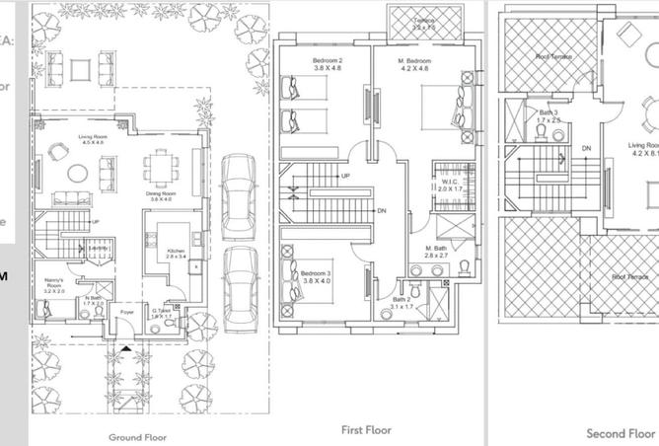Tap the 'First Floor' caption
[366, 430]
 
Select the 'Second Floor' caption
[621, 433]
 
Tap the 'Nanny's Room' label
[53, 282]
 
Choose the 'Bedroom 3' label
[314, 272]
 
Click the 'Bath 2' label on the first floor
[402, 299]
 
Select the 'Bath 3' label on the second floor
[549, 112]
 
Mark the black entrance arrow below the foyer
[125, 349]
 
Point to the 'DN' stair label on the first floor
[381, 211]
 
